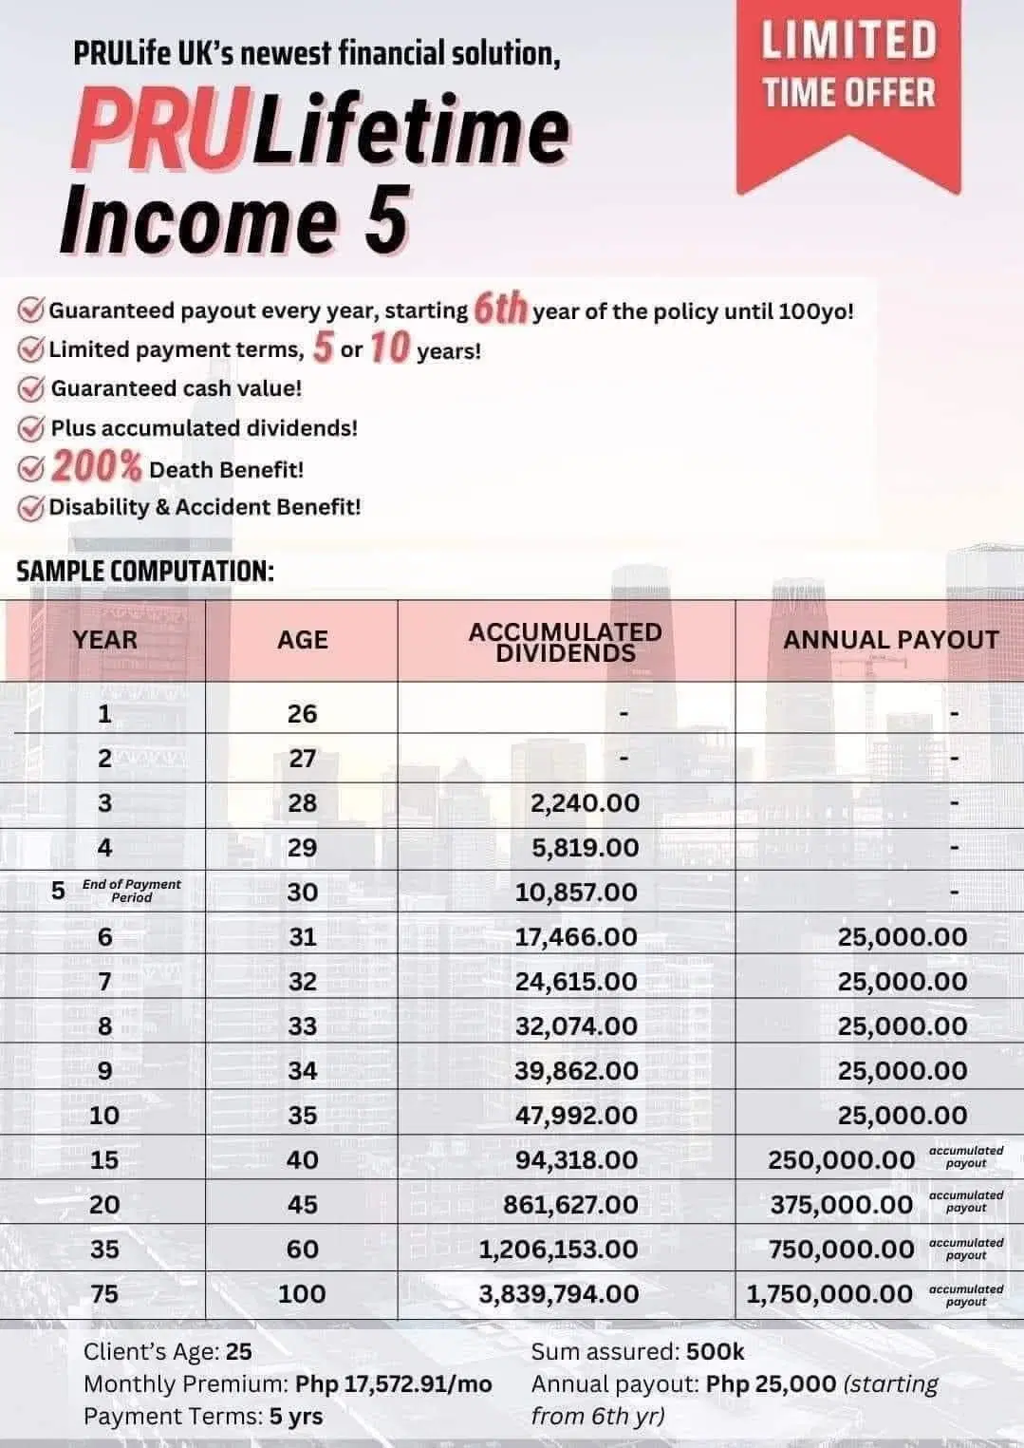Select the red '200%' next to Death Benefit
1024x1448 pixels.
96,467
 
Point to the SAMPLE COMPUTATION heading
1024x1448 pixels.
145,572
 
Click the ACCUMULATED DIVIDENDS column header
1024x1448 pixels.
566,642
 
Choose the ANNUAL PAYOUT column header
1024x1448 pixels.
890,640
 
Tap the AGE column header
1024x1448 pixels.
302,640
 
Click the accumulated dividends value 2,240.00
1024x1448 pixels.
585,803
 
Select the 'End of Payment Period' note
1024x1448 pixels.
131,891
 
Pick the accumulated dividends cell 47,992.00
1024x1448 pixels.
576,1115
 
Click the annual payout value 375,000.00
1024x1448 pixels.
841,1204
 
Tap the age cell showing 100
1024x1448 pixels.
302,1293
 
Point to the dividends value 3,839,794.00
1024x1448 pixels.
558,1293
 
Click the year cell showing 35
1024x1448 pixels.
104,1249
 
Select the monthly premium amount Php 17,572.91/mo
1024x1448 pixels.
394,1384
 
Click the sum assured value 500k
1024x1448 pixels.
715,1352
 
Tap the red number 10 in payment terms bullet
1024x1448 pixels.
389,348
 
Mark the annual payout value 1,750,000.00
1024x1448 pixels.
829,1293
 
